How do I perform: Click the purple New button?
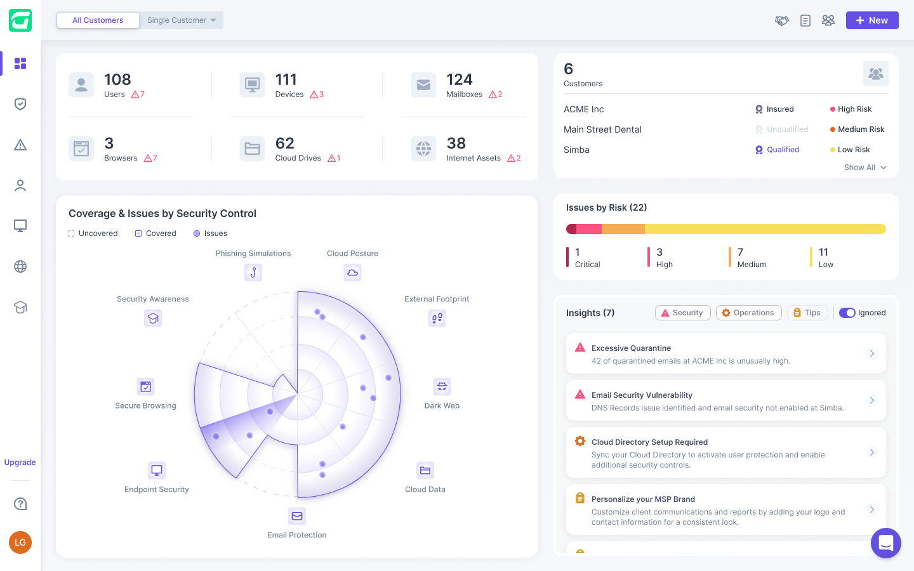tap(871, 20)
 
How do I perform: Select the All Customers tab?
tap(98, 20)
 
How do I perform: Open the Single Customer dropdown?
tap(182, 20)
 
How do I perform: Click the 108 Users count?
tap(117, 80)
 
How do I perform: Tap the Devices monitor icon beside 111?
tap(252, 84)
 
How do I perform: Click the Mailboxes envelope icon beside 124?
tap(423, 84)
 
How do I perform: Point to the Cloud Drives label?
tap(298, 158)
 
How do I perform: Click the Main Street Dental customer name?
tap(602, 129)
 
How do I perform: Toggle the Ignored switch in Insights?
tap(847, 313)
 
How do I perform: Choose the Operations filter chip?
tap(748, 313)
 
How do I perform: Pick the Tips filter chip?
tap(807, 313)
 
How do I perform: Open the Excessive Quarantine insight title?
tap(631, 348)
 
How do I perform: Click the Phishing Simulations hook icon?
tap(253, 272)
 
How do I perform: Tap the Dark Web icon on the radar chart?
tap(442, 386)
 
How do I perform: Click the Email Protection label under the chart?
tap(297, 535)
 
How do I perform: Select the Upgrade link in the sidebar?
tap(20, 463)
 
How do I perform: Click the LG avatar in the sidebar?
tap(20, 542)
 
